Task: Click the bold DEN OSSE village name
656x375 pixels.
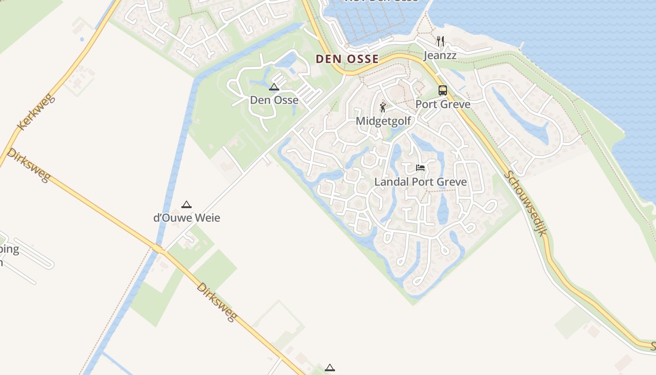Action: point(347,59)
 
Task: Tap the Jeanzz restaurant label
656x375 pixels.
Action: point(440,55)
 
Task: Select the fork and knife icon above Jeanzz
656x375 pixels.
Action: point(440,41)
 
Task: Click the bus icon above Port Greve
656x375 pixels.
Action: point(443,90)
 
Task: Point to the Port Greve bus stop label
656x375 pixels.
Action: point(443,104)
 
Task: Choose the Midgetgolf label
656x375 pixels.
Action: point(383,121)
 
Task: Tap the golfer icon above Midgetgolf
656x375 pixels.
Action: point(383,107)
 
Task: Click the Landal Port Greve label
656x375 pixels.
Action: point(420,182)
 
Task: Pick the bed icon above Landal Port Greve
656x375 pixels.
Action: point(420,168)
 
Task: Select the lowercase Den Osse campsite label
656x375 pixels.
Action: point(274,100)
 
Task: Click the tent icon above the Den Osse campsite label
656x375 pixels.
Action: point(274,87)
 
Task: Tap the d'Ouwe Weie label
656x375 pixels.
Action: point(186,218)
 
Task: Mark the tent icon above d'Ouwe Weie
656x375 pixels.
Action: point(186,204)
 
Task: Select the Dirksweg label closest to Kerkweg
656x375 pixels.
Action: point(28,165)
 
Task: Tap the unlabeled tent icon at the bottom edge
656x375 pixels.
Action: point(330,368)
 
